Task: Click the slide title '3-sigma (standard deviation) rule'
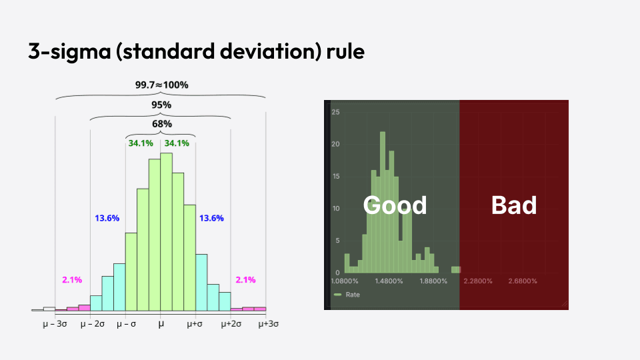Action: click(x=196, y=51)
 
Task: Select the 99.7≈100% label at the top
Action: click(x=161, y=85)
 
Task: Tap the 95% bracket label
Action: click(x=161, y=105)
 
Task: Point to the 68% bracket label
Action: click(x=161, y=123)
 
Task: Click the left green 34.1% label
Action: click(x=141, y=143)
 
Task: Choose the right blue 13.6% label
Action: click(x=211, y=218)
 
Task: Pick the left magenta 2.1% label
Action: click(x=71, y=279)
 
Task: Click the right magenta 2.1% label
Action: click(x=245, y=279)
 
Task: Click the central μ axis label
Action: click(x=161, y=324)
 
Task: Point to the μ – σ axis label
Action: click(x=127, y=324)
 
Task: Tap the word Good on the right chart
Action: click(x=395, y=205)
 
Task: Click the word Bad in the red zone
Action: click(x=513, y=205)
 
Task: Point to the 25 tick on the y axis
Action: click(x=336, y=112)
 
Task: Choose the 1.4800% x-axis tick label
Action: click(x=389, y=281)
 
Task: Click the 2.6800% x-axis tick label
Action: click(x=523, y=281)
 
